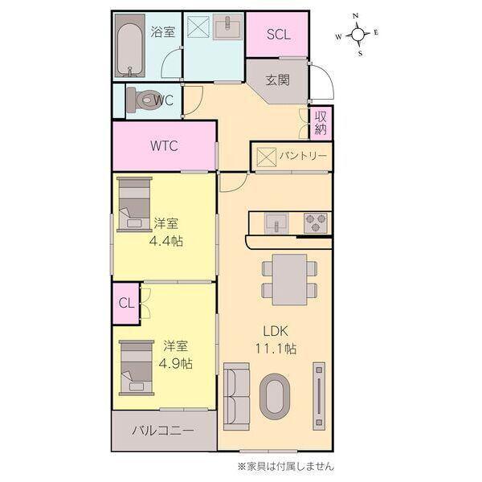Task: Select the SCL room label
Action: [278, 34]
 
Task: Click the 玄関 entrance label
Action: [278, 80]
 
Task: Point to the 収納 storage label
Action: [321, 122]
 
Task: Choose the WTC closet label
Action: [163, 146]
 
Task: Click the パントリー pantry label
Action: [302, 155]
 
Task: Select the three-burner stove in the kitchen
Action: [314, 221]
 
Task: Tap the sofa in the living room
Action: [236, 394]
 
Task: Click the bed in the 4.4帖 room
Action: [134, 204]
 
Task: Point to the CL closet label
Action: [125, 303]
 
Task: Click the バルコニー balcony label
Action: [163, 431]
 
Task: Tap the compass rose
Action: [358, 35]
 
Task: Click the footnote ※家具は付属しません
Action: [285, 466]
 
